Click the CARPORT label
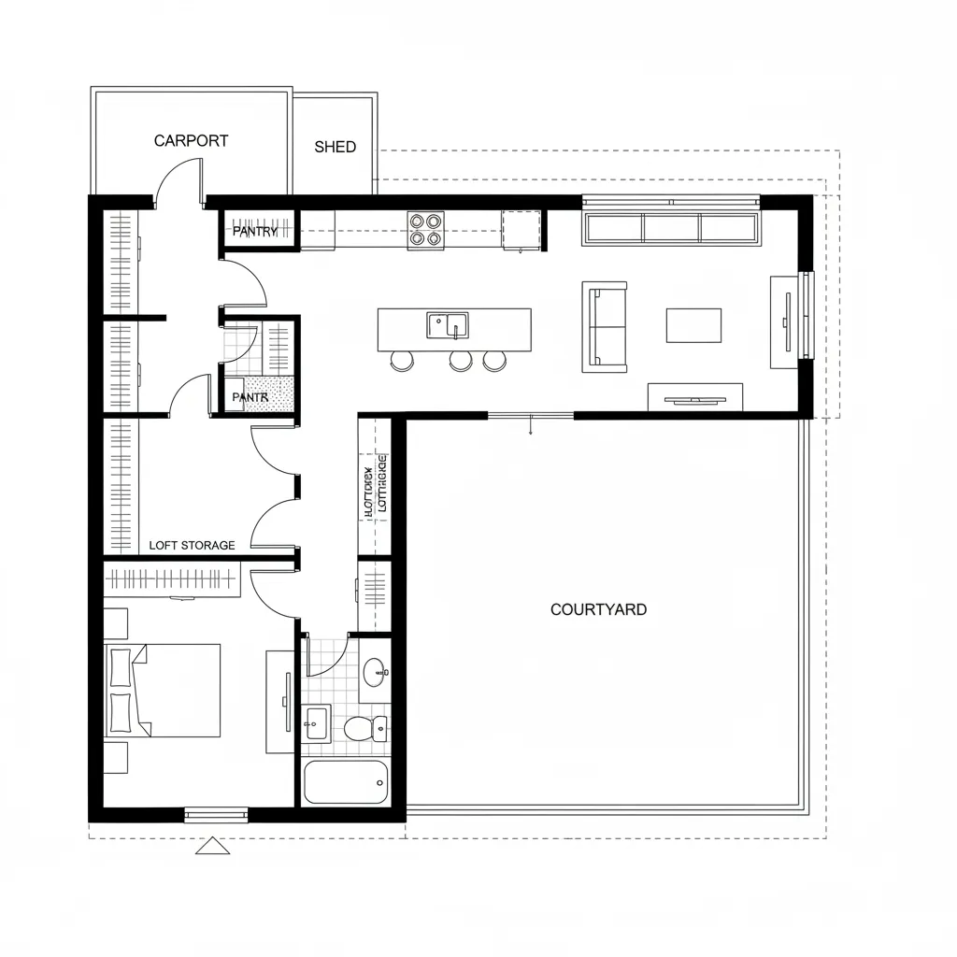coord(191,141)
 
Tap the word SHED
coord(335,147)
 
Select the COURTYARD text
coord(598,609)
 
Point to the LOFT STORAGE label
coord(193,545)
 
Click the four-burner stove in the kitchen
coord(425,229)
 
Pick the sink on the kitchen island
coord(448,325)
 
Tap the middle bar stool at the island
coord(460,360)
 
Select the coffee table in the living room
coord(693,325)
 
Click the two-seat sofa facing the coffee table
coord(604,326)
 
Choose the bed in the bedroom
coord(164,690)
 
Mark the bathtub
coord(345,781)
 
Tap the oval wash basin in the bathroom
coord(375,670)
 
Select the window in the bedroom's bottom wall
coord(216,815)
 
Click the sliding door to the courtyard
coord(531,415)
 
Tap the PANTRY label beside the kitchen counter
coord(255,231)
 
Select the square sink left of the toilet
coord(316,721)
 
